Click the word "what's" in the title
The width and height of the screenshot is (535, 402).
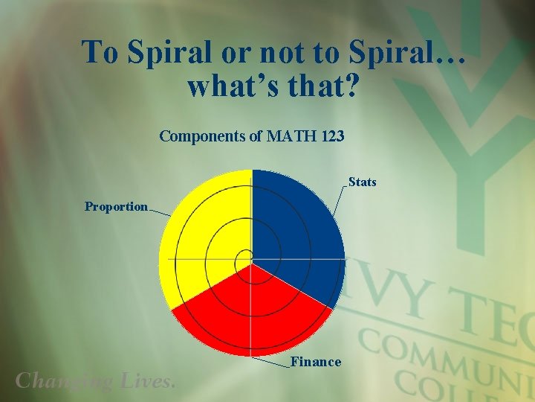[229, 86]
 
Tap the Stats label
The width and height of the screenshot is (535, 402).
[363, 182]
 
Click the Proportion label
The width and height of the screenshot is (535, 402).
[116, 206]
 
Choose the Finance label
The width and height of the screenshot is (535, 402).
[316, 362]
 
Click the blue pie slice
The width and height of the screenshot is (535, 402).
[297, 231]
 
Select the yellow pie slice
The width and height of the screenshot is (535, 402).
[204, 238]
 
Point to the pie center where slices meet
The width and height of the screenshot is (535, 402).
[252, 263]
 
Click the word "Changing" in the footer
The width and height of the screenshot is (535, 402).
[64, 381]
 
